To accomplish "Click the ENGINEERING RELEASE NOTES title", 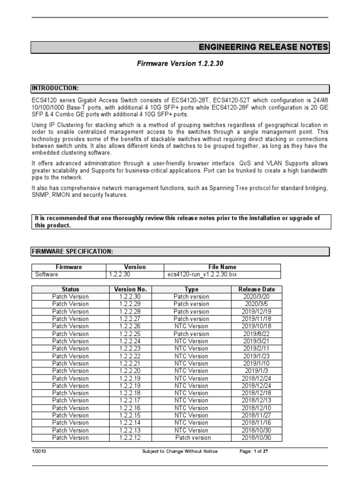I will (263, 47).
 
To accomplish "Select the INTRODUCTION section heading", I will (55, 88).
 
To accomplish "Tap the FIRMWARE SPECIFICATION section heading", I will (72, 252).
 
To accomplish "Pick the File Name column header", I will (222, 267).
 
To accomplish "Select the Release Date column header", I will (256, 289).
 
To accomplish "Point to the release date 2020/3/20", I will (256, 297).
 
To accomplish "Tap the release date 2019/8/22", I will (256, 334).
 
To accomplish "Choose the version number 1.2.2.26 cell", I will (130, 326).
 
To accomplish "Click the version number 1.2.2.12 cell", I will (130, 437).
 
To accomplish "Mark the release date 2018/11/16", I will (256, 422).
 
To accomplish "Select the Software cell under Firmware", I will (47, 274).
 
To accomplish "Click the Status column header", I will (70, 289).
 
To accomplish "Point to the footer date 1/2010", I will (39, 451).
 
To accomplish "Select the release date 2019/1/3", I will (256, 371).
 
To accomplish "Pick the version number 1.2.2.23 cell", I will (130, 348).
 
